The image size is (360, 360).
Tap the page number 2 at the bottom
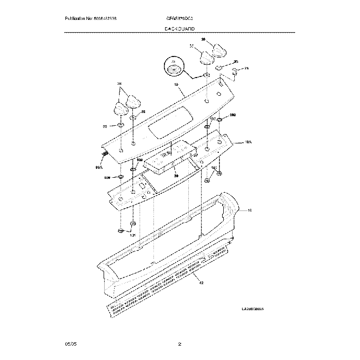179,344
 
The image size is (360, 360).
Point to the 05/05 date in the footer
70,344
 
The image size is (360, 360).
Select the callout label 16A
248,142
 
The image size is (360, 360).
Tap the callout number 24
246,68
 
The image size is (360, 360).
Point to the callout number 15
249,211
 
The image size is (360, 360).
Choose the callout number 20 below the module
176,176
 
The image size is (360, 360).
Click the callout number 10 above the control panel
177,85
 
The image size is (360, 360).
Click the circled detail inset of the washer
175,68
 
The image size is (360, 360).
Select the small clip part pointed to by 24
235,71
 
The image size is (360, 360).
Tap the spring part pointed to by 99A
104,154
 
